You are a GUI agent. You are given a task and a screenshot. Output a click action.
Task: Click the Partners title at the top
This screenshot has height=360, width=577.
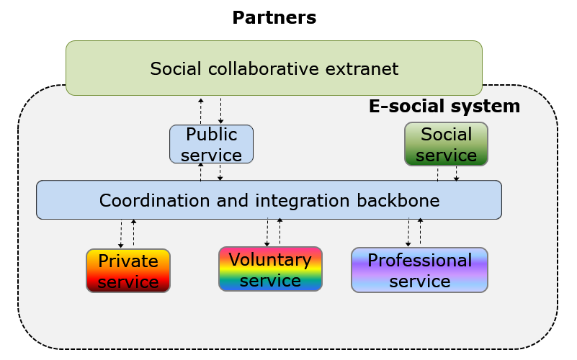tap(274, 17)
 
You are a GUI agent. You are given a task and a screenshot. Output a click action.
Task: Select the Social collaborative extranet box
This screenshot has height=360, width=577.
tap(274, 68)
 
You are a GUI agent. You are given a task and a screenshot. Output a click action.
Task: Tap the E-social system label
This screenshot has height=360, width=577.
tap(444, 107)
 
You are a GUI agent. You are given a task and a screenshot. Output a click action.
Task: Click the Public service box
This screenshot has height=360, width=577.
tap(211, 144)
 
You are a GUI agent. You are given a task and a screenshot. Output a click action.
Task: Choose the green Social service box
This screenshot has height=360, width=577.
tap(446, 144)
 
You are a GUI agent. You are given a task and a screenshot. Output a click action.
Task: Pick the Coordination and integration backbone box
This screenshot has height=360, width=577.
tap(269, 199)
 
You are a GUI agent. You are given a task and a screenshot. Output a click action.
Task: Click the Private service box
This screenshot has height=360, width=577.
tap(128, 271)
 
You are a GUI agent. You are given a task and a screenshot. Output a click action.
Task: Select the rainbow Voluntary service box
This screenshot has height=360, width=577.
tap(270, 269)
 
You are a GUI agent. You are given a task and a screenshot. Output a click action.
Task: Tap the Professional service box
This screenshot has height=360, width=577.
tap(419, 270)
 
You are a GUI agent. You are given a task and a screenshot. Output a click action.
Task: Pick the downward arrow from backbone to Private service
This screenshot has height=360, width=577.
tap(121, 234)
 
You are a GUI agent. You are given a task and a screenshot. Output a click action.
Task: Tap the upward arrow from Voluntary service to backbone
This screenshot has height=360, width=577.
tap(280, 232)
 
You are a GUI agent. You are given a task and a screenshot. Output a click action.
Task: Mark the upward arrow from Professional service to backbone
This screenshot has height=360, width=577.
tap(420, 232)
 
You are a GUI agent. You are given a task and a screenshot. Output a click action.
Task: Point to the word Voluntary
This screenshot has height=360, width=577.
tap(270, 260)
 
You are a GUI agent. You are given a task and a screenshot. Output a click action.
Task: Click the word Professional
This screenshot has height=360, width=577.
tap(419, 260)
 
